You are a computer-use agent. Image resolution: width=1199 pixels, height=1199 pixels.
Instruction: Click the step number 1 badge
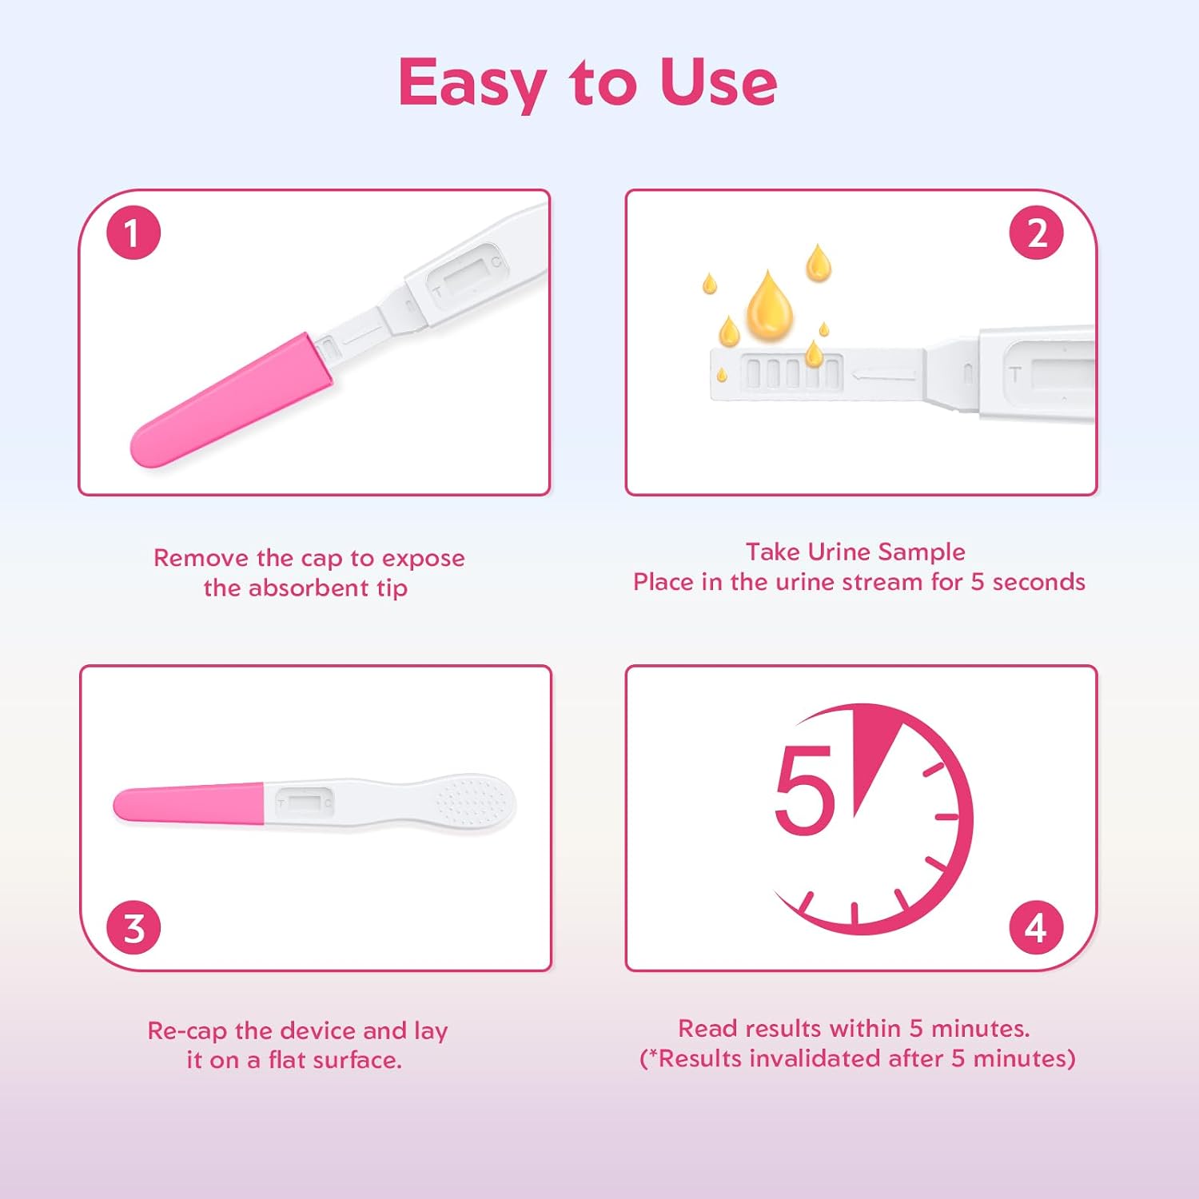click(x=133, y=233)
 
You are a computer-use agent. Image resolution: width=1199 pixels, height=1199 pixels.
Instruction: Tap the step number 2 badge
click(x=1036, y=233)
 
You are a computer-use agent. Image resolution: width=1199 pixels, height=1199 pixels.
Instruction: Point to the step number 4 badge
click(x=1036, y=927)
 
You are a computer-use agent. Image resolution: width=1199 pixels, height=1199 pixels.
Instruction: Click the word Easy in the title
click(x=472, y=83)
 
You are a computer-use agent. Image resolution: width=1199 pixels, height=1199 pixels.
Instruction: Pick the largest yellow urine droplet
click(x=769, y=306)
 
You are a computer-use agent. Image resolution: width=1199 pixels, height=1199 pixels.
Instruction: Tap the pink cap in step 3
click(x=189, y=804)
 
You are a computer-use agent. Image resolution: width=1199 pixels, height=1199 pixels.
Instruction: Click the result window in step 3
click(x=304, y=801)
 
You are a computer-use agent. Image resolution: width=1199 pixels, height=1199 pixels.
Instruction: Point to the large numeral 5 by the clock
click(x=804, y=790)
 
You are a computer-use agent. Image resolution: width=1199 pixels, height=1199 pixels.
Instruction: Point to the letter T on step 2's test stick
click(x=1015, y=374)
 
